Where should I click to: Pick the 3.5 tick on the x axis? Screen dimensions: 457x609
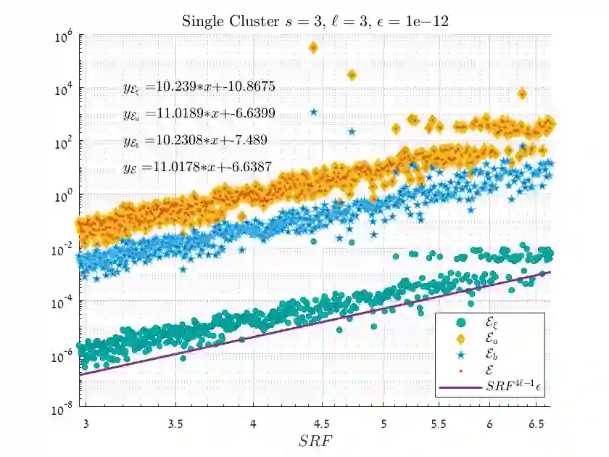tap(174, 421)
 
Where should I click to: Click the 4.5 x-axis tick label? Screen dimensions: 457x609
tap(332, 421)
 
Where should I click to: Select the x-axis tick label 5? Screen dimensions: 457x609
tap(372, 421)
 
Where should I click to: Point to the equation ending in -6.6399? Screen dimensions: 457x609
tap(199, 114)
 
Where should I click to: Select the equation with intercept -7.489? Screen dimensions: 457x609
tap(196, 140)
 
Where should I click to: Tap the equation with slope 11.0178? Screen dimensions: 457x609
tap(199, 167)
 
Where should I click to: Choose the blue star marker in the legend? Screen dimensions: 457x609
tap(460, 356)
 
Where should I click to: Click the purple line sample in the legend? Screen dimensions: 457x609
tap(460, 387)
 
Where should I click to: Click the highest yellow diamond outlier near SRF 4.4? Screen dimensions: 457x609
tap(313, 48)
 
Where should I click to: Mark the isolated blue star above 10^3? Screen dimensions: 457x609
tap(313, 112)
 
